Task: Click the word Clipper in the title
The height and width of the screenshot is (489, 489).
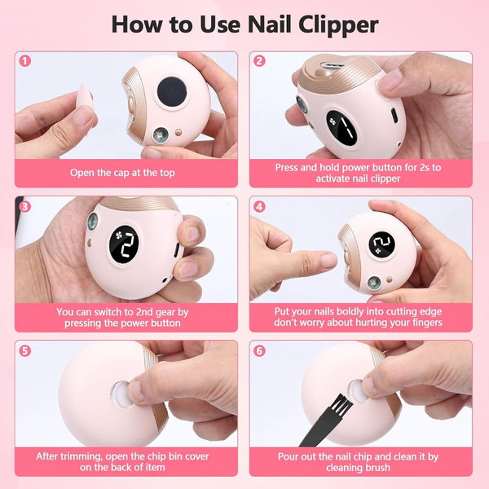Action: tap(338, 25)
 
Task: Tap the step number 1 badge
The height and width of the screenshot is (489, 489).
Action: tap(25, 60)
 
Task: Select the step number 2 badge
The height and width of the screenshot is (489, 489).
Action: tap(259, 60)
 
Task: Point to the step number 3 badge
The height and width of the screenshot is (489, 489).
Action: tap(25, 206)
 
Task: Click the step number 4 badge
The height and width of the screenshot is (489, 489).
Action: tap(259, 206)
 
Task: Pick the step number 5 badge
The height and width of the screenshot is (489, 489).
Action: tap(25, 350)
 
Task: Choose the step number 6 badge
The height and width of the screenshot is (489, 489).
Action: tap(259, 350)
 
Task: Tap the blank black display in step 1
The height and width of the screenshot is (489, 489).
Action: tap(172, 91)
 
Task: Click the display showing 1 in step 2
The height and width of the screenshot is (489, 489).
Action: tap(342, 128)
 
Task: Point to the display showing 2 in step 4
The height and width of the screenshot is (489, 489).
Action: tap(381, 244)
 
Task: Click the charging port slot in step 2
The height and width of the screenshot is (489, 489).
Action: tap(394, 116)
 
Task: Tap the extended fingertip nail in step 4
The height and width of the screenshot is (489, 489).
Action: tap(329, 260)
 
